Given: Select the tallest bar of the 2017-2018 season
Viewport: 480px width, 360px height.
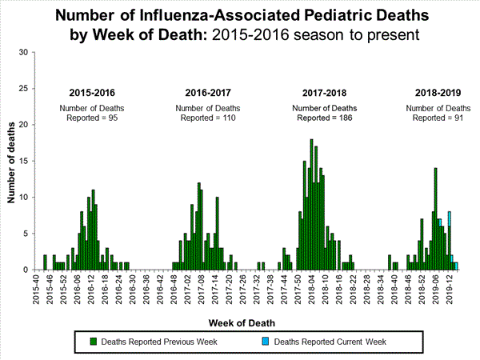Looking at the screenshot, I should tap(311, 204).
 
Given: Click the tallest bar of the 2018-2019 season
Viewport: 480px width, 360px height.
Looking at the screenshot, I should tap(435, 218).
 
